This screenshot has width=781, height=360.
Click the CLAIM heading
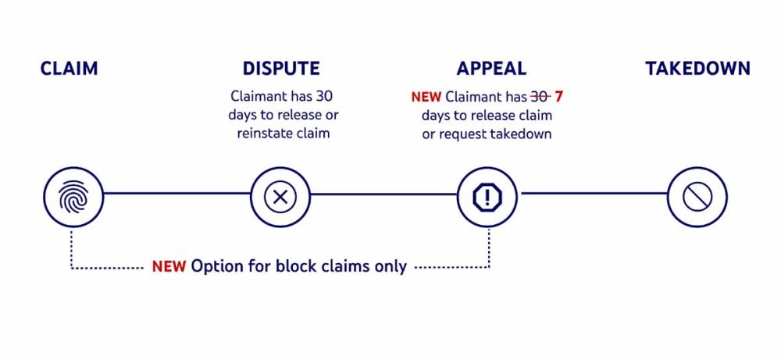coord(70,69)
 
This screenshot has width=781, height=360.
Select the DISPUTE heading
coord(281,69)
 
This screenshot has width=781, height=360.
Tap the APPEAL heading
coord(491,69)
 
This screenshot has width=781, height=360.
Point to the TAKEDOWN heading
coord(697,69)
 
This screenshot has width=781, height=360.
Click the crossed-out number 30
coord(540,98)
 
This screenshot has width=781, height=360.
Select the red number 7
coord(559,98)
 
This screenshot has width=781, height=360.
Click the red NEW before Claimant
coord(426,98)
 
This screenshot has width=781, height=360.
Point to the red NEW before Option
coord(169,266)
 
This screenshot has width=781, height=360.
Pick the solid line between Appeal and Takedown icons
coord(594,193)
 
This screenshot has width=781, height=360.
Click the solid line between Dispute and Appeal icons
coord(383,193)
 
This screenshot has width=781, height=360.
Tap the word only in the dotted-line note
coord(392,266)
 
